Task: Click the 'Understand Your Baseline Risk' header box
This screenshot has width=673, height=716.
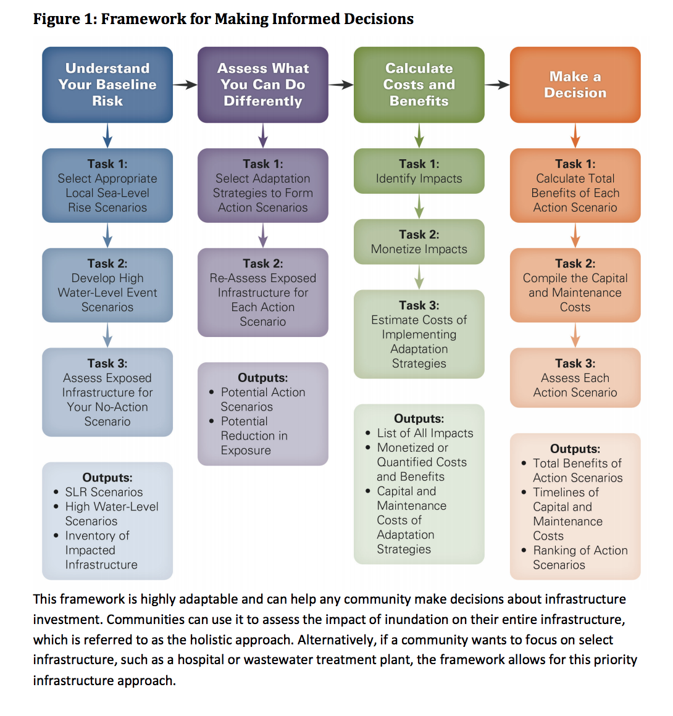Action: click(107, 85)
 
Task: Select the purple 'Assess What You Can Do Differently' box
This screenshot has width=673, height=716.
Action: click(263, 85)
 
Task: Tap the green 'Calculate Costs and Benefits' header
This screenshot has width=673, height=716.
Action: click(419, 85)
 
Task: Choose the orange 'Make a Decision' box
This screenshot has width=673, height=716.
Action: click(575, 85)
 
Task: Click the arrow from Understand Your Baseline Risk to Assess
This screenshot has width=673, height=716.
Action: click(185, 85)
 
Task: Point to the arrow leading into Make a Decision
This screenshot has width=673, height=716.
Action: click(497, 85)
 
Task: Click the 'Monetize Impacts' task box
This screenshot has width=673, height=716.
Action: click(419, 242)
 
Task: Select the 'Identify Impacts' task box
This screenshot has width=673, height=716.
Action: click(419, 171)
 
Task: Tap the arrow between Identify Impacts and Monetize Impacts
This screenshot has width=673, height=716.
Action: click(419, 206)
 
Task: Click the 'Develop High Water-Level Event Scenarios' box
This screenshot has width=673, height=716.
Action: click(107, 285)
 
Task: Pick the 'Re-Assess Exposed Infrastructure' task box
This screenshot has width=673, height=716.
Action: click(263, 293)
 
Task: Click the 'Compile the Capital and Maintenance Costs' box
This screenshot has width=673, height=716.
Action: click(575, 285)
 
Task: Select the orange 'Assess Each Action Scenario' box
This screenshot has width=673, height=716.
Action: click(575, 378)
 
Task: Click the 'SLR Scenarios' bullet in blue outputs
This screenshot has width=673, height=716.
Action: click(104, 492)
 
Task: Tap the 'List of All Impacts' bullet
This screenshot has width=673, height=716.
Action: click(425, 433)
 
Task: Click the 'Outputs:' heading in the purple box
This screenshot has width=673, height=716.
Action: click(263, 378)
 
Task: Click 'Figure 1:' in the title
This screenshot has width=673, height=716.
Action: click(65, 19)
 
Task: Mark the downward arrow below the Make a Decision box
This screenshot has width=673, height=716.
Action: click(575, 135)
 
